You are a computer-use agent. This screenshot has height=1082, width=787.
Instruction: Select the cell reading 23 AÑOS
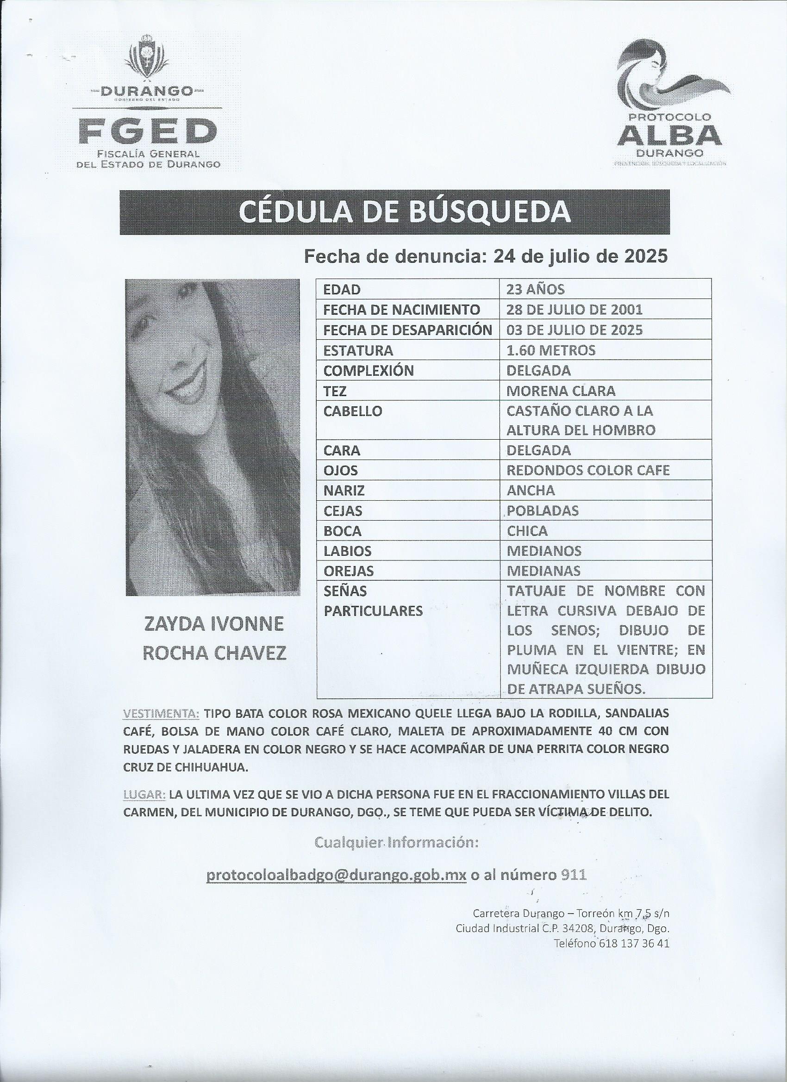536,289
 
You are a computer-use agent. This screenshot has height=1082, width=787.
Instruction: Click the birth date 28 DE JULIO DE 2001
574,310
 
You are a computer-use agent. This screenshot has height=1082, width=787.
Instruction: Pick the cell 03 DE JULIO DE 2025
574,330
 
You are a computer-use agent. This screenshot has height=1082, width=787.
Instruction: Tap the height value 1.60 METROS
551,350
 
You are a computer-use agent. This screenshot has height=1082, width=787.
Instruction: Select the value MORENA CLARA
561,391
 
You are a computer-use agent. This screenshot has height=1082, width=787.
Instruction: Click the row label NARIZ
344,491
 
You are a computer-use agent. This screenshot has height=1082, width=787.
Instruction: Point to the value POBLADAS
543,510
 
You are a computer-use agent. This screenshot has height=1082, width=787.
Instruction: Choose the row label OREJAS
349,571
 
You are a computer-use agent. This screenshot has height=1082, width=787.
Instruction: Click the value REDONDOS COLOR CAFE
588,470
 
